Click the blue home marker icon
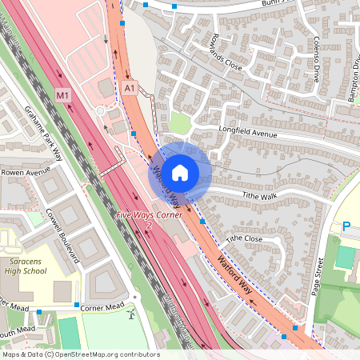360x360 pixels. [180, 172]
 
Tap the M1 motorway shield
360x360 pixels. [63, 95]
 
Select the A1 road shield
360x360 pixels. [130, 87]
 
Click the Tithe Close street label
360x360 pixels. [244, 238]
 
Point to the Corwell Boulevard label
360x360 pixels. [64, 237]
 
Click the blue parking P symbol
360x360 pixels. [346, 227]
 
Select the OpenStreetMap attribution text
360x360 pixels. [81, 354]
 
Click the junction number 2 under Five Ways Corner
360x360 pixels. [149, 226]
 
